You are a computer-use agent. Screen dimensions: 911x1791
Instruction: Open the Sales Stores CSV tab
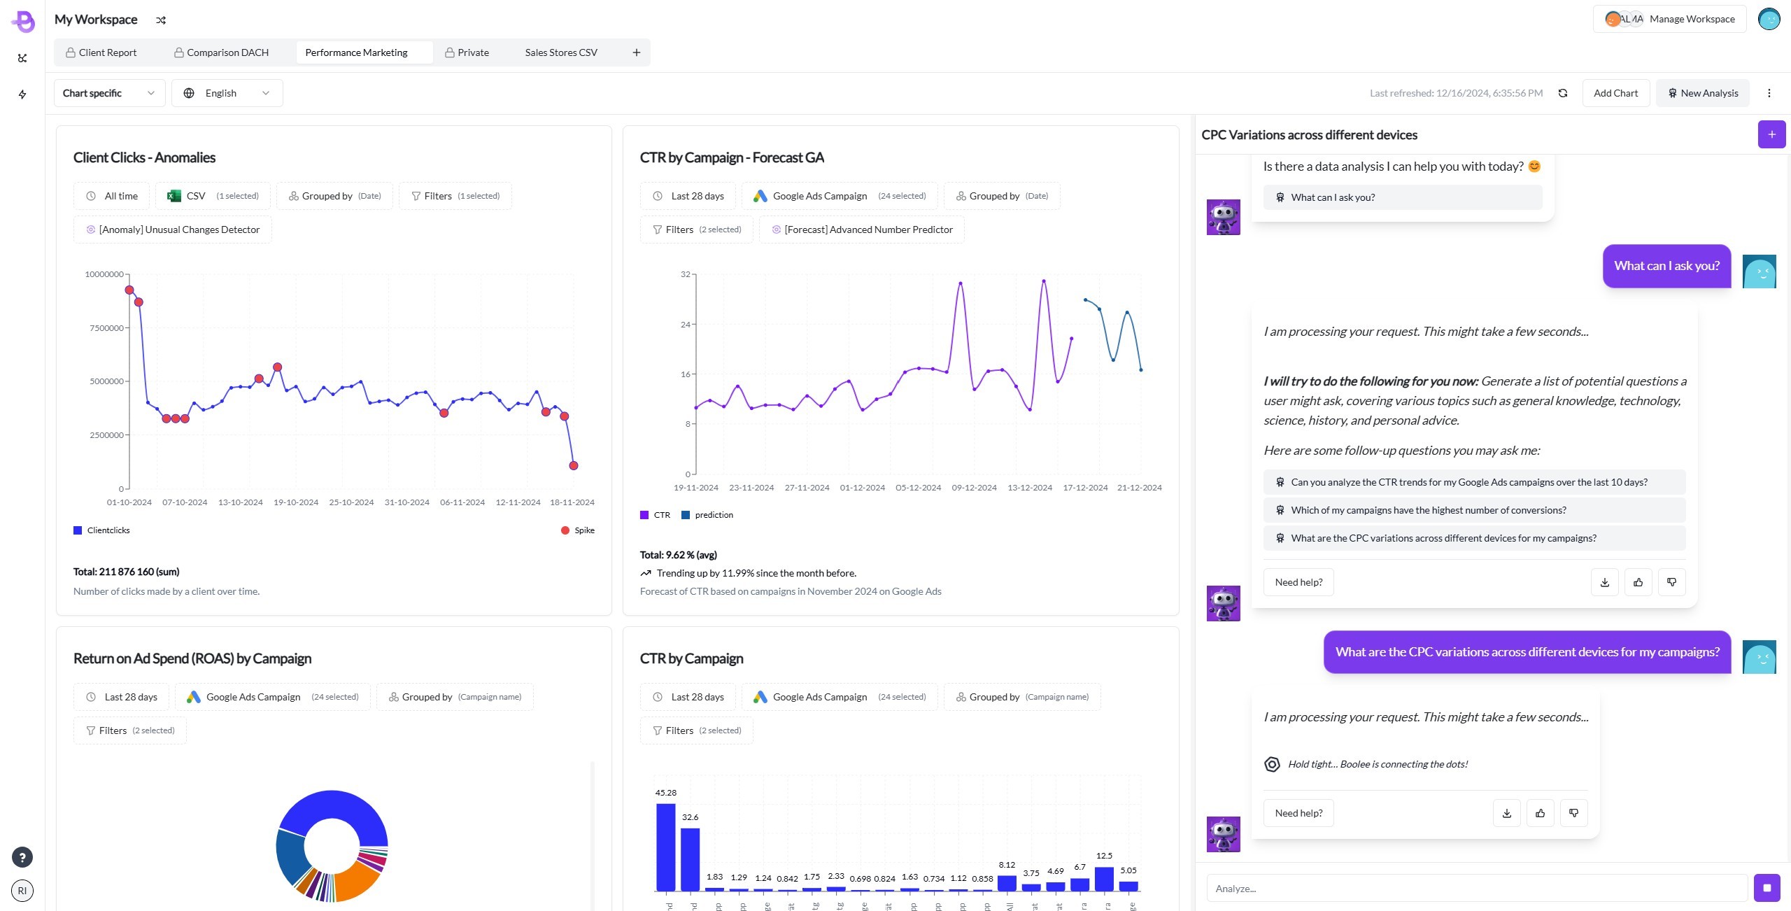point(560,52)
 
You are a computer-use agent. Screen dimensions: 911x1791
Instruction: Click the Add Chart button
point(1615,93)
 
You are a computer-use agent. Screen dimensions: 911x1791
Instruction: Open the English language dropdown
point(227,93)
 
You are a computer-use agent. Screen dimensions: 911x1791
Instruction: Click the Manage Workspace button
point(1670,19)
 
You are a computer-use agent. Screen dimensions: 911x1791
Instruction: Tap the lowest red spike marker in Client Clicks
point(574,465)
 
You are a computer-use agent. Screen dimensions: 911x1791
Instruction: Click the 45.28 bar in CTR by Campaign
point(666,847)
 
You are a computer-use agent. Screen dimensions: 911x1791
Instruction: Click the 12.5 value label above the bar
point(1104,856)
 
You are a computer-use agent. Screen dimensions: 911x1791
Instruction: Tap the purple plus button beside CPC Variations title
point(1771,134)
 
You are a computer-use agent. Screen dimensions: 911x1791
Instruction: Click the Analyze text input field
point(1476,888)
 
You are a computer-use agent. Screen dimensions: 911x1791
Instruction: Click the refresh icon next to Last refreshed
point(1563,93)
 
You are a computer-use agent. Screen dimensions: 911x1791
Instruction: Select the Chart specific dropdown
point(109,93)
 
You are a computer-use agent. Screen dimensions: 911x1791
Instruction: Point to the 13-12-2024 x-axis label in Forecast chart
point(1029,488)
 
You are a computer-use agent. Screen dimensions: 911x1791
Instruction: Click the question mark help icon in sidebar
point(22,857)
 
